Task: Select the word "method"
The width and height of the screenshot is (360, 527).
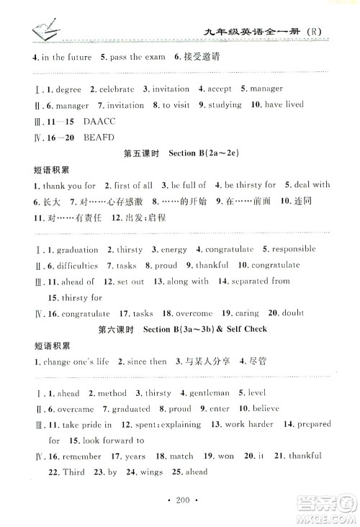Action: tap(112, 393)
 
